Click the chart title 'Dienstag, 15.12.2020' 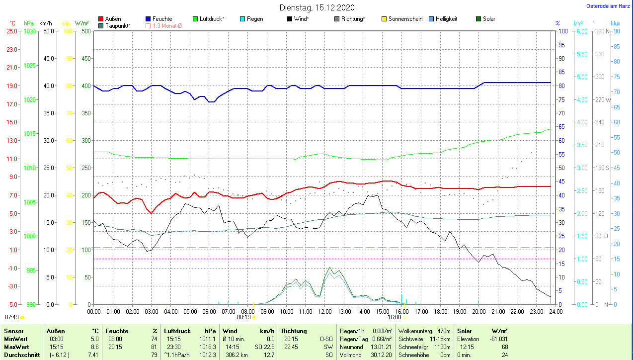(x=317, y=7)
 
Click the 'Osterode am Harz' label (x=608, y=6)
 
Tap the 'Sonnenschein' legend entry (x=405, y=19)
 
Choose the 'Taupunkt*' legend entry (x=117, y=25)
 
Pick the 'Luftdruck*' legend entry (x=212, y=19)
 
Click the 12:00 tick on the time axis (x=324, y=311)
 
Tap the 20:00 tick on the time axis (x=478, y=311)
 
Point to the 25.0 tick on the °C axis (x=11, y=31)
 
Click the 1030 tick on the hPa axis (x=30, y=31)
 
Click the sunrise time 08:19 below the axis (x=243, y=316)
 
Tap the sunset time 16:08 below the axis (x=395, y=316)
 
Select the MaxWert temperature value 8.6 (x=94, y=347)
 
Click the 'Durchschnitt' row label (x=21, y=355)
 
